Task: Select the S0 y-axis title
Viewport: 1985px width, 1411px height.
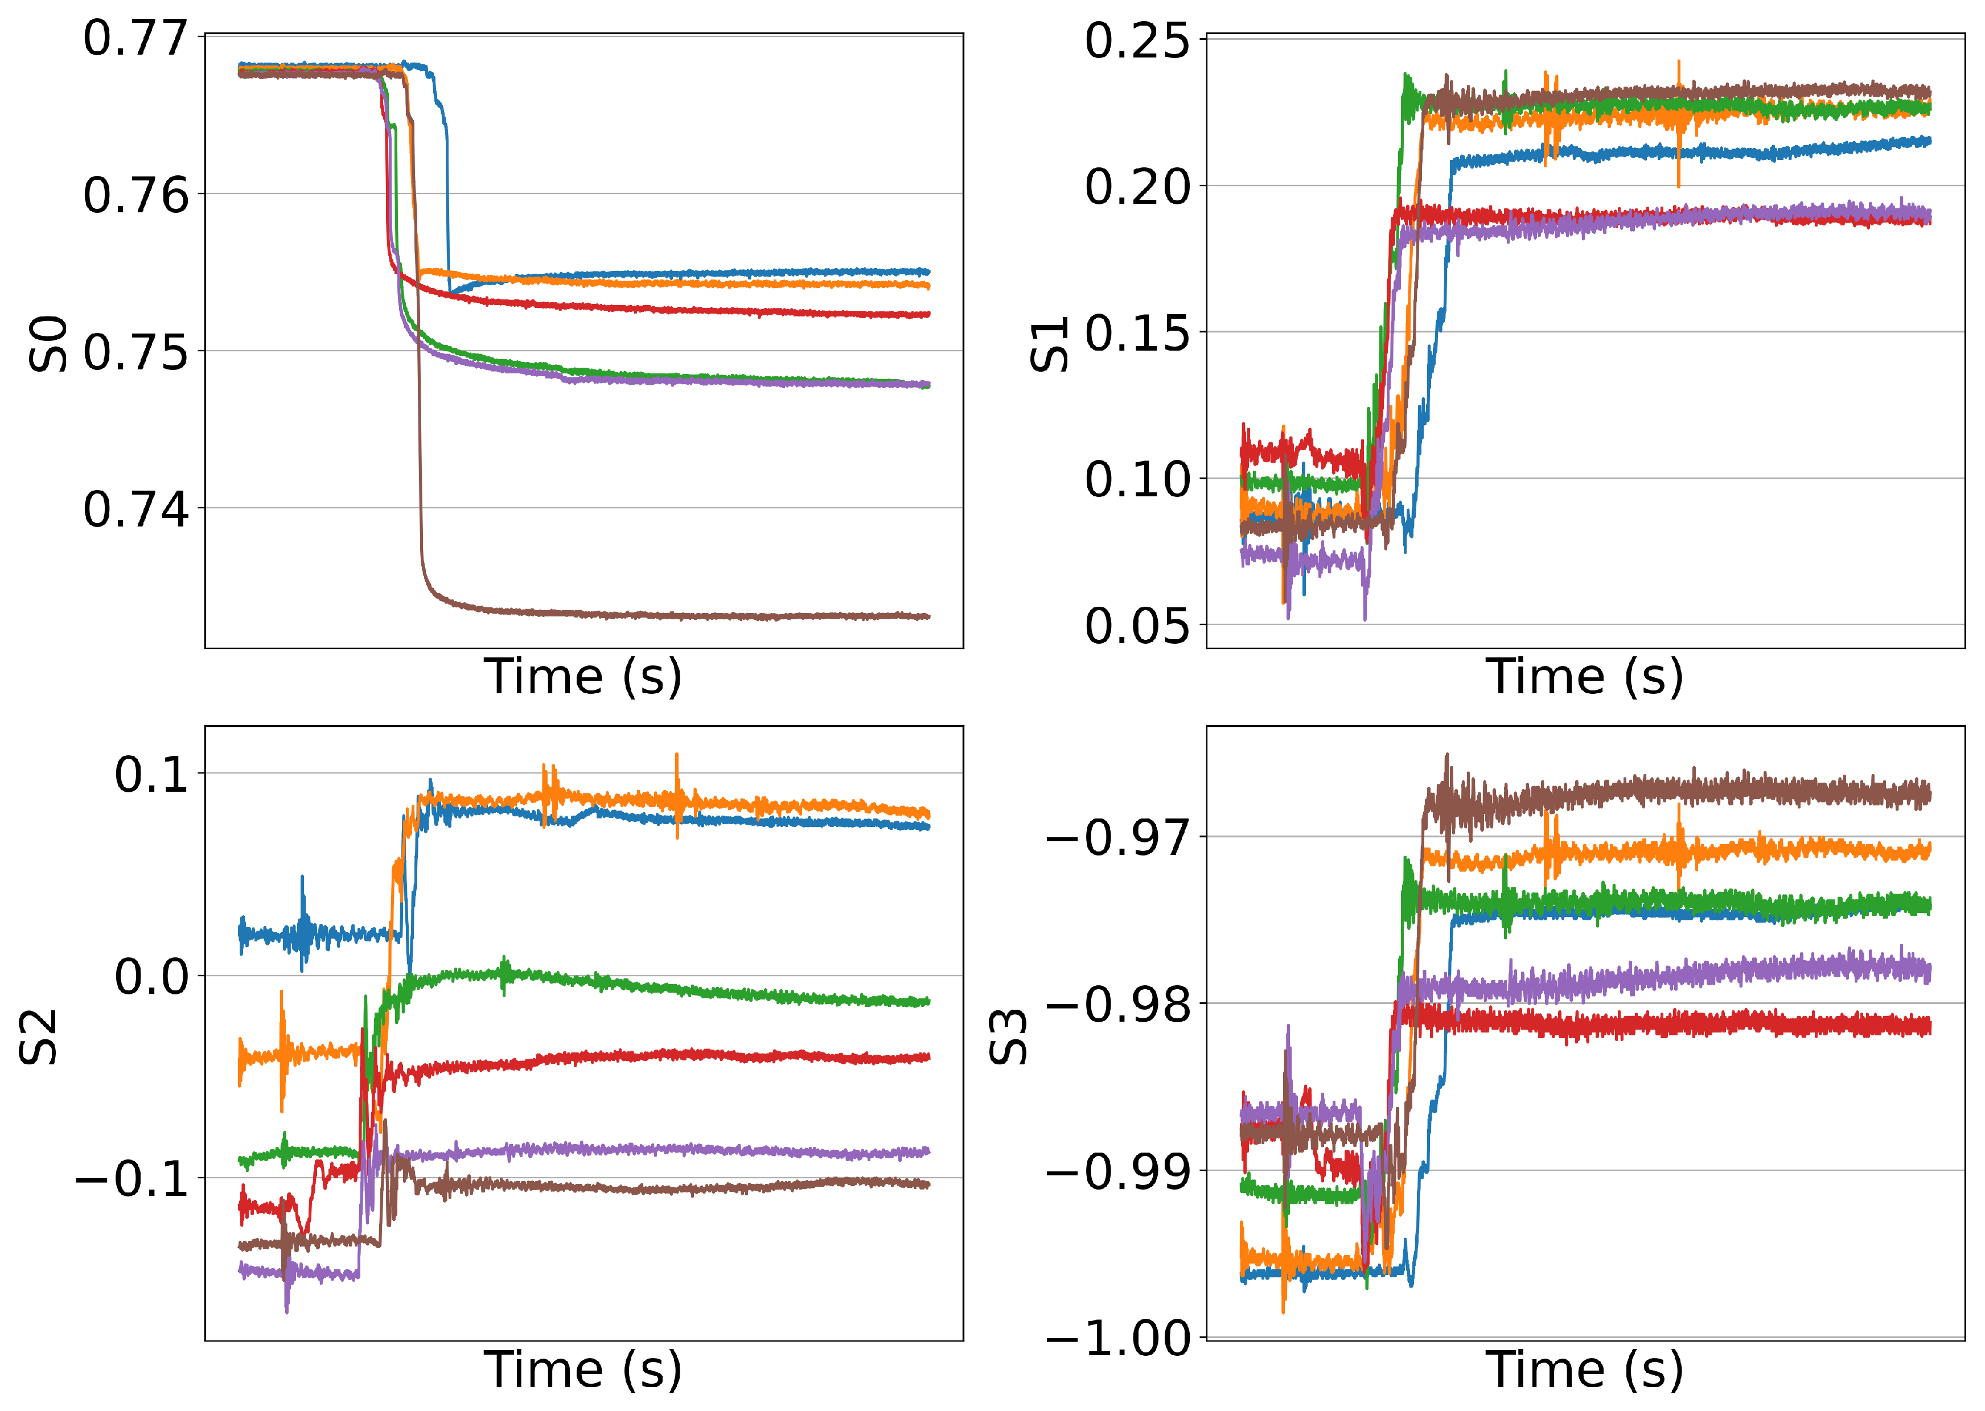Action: pyautogui.click(x=48, y=344)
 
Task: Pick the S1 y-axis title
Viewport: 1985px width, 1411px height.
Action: pyautogui.click(x=1049, y=344)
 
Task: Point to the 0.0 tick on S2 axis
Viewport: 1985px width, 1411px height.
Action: pyautogui.click(x=151, y=977)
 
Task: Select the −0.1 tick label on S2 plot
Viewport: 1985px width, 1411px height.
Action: pyautogui.click(x=132, y=1179)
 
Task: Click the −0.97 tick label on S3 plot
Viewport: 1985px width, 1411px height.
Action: pyautogui.click(x=1119, y=838)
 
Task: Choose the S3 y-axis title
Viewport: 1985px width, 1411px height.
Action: pyautogui.click(x=1009, y=1038)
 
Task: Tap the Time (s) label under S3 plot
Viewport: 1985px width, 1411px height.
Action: pyautogui.click(x=1584, y=1370)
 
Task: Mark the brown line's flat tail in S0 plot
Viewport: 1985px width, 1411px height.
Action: pyautogui.click(x=695, y=615)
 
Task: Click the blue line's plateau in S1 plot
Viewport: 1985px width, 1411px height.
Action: pyautogui.click(x=1650, y=154)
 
